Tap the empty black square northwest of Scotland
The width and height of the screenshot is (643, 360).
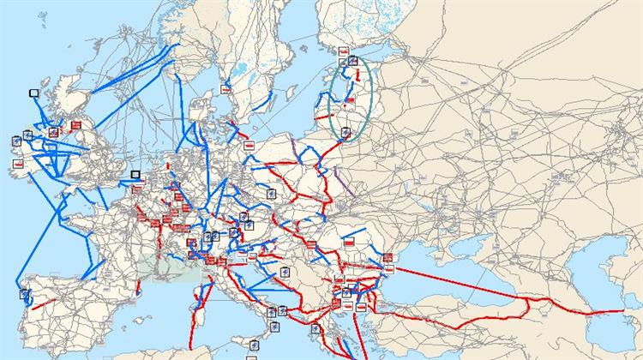click(34, 93)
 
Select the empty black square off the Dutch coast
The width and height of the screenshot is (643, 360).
click(135, 175)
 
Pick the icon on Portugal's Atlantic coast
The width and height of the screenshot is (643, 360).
click(25, 294)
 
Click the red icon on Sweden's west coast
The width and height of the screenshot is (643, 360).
click(226, 87)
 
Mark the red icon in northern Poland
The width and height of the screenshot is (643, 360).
click(249, 147)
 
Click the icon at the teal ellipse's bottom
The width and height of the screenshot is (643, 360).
click(346, 131)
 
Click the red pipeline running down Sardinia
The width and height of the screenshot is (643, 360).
click(198, 304)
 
